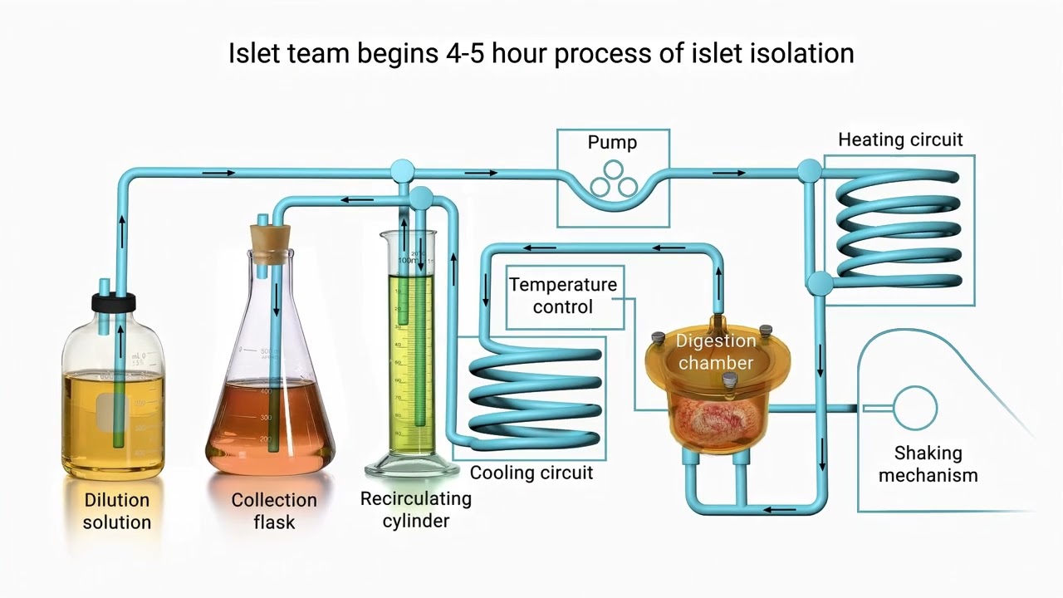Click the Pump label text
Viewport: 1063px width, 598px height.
[x=612, y=143]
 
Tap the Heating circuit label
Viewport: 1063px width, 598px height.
[x=900, y=140]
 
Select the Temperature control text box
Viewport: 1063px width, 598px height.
[x=563, y=296]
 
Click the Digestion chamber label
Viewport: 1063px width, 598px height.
[x=715, y=351]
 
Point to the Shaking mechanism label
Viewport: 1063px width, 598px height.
[x=928, y=464]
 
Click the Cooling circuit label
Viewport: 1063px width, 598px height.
[x=531, y=473]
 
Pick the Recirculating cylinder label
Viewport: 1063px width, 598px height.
[x=415, y=510]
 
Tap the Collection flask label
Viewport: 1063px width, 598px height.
[x=274, y=511]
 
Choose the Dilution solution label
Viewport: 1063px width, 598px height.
[x=117, y=511]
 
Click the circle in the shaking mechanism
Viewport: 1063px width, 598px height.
[x=915, y=408]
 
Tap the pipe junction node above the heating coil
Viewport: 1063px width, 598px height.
[x=809, y=172]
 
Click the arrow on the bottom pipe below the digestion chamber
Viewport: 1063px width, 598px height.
[x=776, y=509]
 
